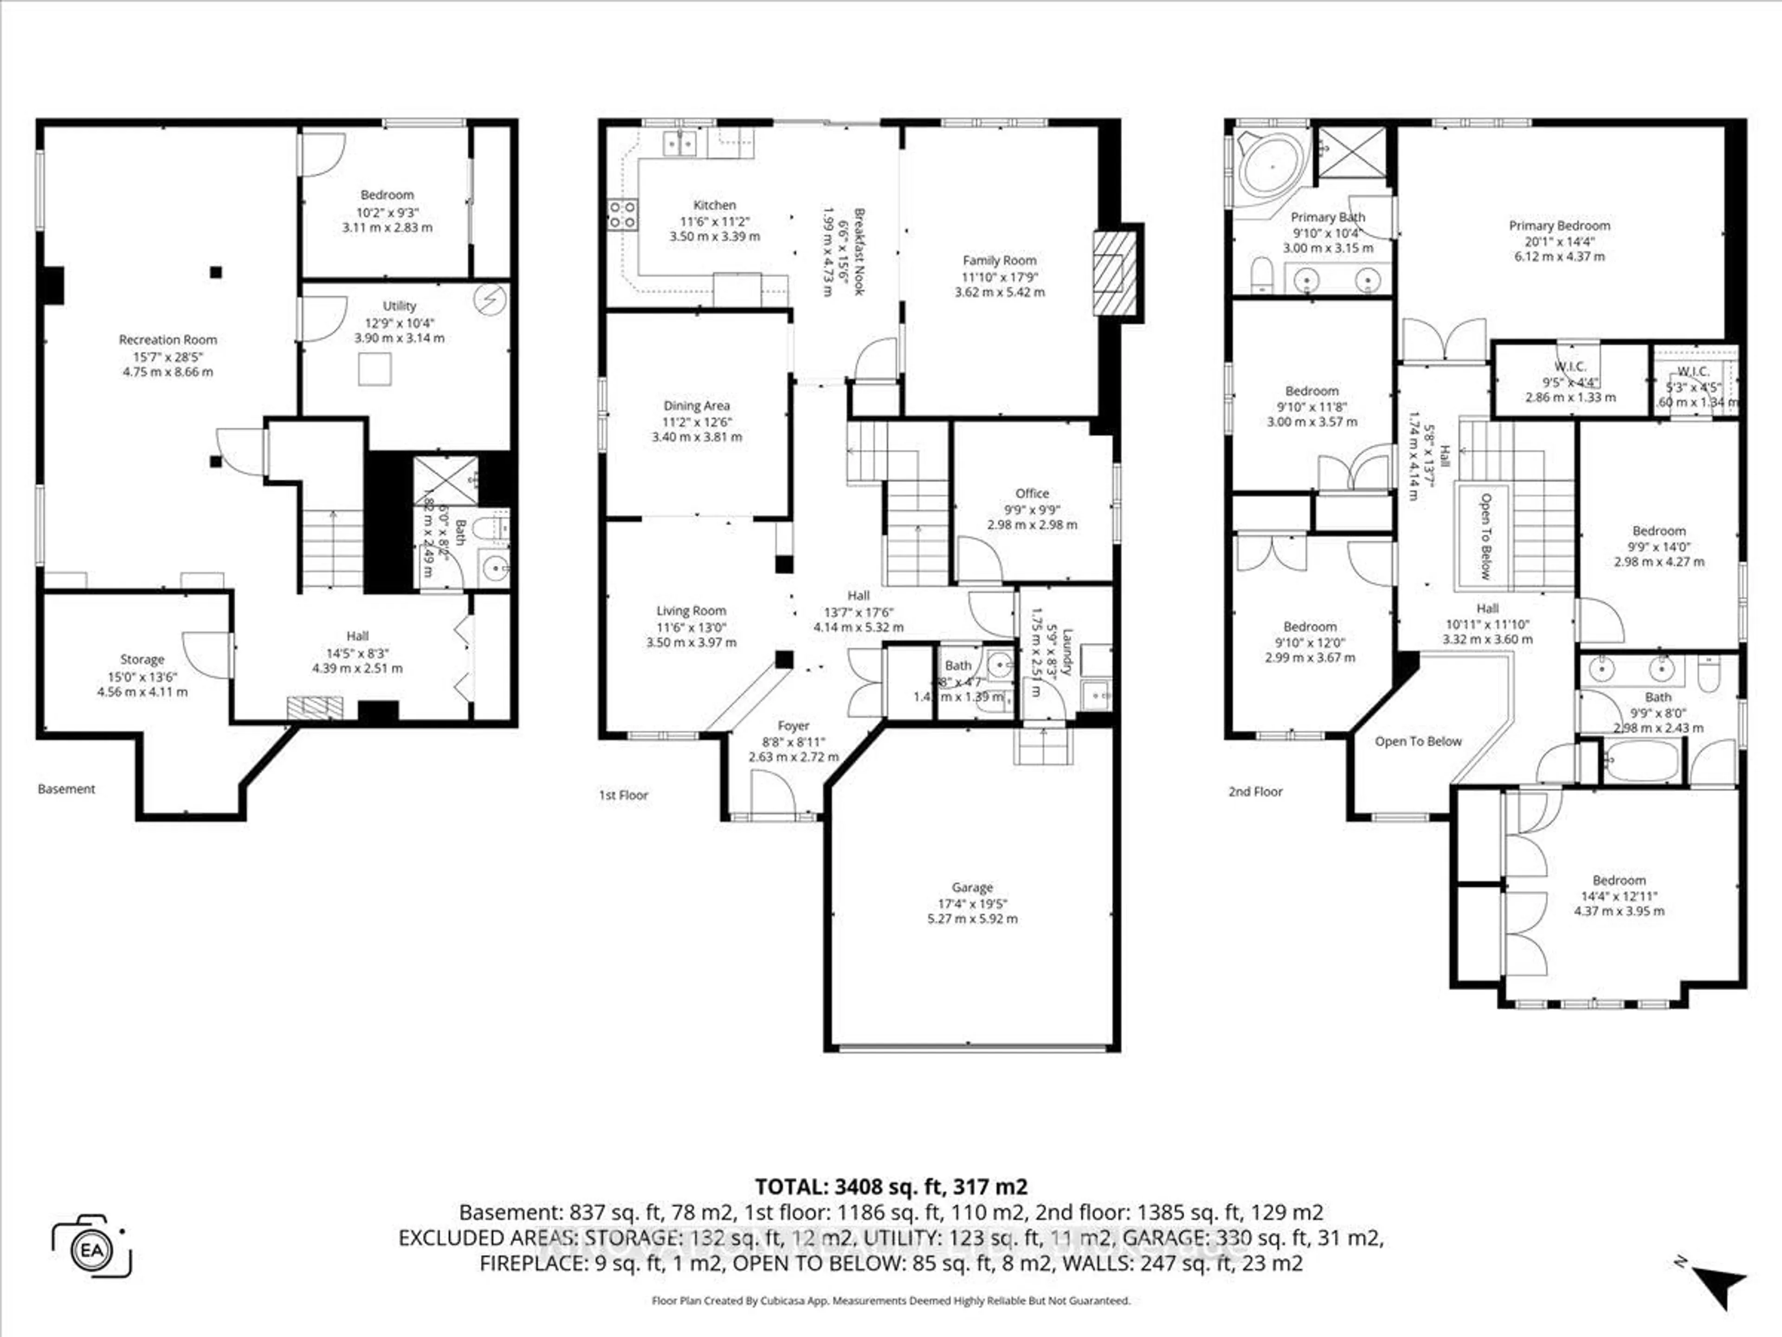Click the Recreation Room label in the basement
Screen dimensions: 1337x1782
coord(168,339)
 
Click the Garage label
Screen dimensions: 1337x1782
coord(972,887)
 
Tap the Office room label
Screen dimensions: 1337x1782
coord(1032,493)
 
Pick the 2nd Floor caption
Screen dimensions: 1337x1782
coord(1255,792)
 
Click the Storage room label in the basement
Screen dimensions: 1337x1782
coord(142,659)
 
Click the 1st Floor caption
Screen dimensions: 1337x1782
coord(623,795)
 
